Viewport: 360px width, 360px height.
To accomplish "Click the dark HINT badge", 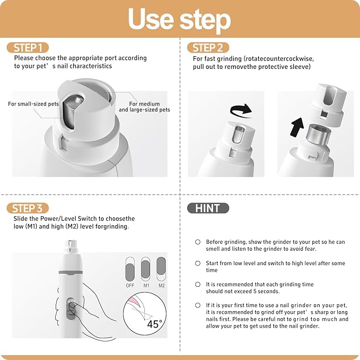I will coord(208,208).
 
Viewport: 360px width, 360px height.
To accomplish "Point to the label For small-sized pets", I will coord(33,104).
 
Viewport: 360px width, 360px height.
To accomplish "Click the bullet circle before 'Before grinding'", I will coord(198,242).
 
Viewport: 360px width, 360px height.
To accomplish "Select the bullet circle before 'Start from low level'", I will coord(198,263).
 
